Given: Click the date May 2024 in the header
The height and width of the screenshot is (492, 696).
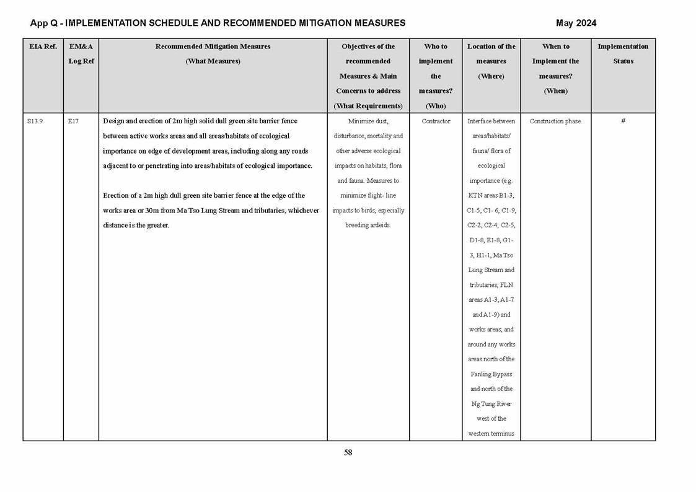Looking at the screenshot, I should coord(576,23).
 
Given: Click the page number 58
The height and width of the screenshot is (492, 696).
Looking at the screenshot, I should coord(348,452).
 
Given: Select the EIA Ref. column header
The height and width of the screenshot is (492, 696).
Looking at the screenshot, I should coord(43,46).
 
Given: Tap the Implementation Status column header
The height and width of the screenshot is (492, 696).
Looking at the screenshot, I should coord(623,54).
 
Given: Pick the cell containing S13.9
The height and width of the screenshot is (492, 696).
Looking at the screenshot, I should coord(35,121).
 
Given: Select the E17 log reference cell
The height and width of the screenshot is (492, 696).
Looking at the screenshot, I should coord(73,121).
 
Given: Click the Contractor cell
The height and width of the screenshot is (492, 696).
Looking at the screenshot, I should coord(436,121).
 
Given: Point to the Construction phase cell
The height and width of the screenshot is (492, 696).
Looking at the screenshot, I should coord(555,121).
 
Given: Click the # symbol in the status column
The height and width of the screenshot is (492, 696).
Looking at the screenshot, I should coord(623,121).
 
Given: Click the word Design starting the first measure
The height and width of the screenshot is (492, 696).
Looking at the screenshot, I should coord(114,121).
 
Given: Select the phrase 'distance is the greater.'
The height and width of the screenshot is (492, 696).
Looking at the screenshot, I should coord(136,226).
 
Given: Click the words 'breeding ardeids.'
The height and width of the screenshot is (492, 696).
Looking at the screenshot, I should coord(368,226).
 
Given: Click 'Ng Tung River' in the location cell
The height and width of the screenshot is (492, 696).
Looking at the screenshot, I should coord(491,404).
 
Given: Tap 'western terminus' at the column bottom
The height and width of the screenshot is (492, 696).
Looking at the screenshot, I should coord(491,434).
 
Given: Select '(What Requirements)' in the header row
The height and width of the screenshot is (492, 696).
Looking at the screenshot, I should coord(368,106).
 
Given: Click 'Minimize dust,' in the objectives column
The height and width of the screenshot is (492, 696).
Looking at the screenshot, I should coord(368,121).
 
